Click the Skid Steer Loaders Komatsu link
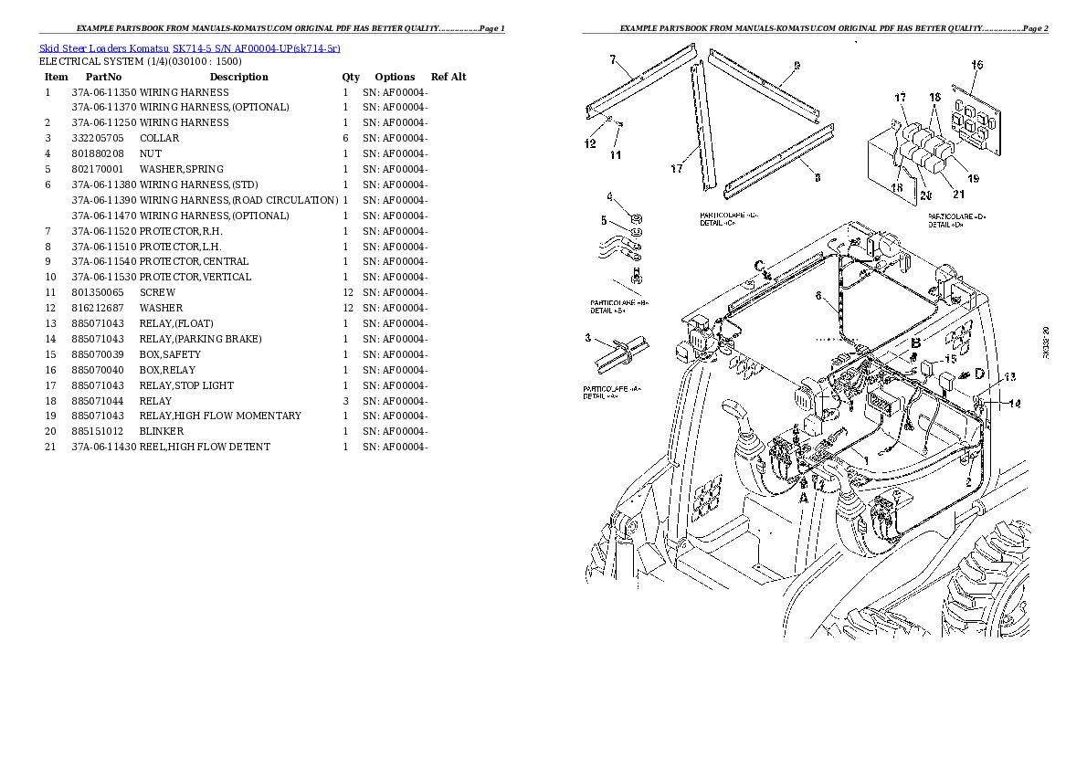[x=102, y=48]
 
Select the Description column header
[x=238, y=77]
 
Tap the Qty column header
[x=351, y=77]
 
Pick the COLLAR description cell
[x=159, y=138]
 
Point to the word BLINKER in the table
[x=161, y=431]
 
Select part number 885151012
[x=97, y=431]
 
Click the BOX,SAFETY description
[x=170, y=354]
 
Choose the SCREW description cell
[x=157, y=292]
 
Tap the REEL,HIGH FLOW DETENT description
[x=205, y=447]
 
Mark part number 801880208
[x=97, y=153]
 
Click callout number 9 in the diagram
[x=797, y=65]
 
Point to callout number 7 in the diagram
[x=614, y=60]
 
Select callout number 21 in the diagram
[x=957, y=192]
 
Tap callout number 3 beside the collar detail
[x=589, y=338]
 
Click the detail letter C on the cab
[x=759, y=265]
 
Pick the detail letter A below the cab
[x=804, y=499]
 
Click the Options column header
[x=395, y=77]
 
